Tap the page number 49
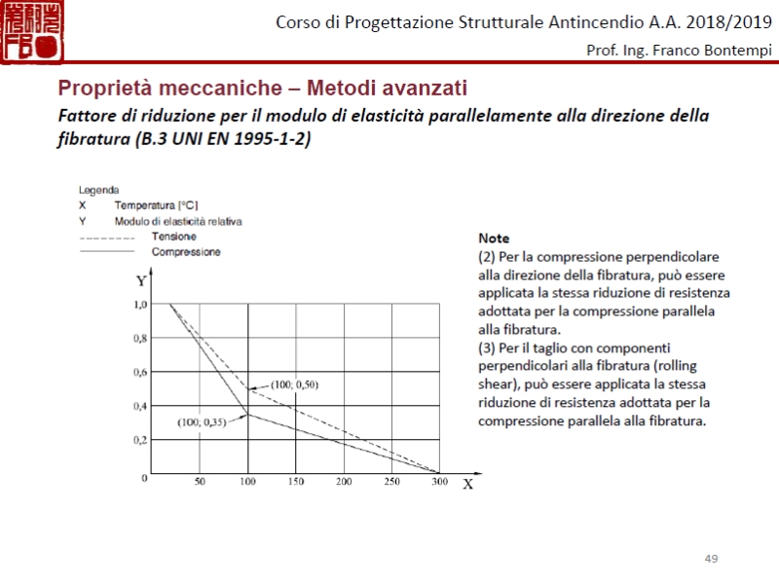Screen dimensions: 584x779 (711, 558)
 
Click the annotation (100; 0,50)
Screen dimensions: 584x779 (295, 384)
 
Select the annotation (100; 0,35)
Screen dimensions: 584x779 (202, 422)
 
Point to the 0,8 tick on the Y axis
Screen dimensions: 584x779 (141, 339)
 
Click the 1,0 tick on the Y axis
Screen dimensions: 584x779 (141, 305)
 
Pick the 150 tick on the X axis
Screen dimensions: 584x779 (296, 482)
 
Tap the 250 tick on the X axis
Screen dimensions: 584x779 (391, 482)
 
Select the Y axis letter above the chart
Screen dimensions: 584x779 (141, 281)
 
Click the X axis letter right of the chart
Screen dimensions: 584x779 (467, 484)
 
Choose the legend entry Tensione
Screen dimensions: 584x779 (173, 237)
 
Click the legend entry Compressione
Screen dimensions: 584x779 (186, 252)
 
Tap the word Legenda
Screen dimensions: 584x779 (99, 191)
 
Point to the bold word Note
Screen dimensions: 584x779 (494, 237)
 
